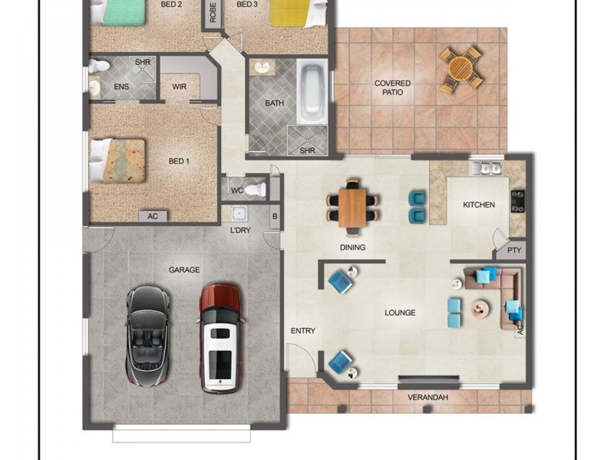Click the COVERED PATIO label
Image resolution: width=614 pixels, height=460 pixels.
[x=392, y=87]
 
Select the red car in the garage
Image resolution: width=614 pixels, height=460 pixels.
[x=220, y=338]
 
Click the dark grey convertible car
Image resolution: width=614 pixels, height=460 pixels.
[x=148, y=336]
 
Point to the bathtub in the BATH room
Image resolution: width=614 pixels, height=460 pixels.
[x=312, y=90]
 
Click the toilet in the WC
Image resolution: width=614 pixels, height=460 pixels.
[x=256, y=189]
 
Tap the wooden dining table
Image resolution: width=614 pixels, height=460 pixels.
[x=352, y=208]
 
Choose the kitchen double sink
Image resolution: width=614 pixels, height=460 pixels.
[x=486, y=168]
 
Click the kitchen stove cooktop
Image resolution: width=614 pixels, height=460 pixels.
[x=517, y=201]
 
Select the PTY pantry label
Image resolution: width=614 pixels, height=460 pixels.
[x=514, y=250]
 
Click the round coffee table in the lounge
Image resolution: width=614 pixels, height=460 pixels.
[x=480, y=309]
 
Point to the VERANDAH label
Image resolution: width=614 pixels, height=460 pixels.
[x=427, y=397]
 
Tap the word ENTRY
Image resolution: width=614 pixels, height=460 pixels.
[x=302, y=331]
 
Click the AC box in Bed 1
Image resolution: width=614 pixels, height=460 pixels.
[x=153, y=216]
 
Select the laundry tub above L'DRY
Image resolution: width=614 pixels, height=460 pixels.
[x=239, y=214]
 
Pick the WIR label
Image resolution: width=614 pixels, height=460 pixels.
[x=180, y=87]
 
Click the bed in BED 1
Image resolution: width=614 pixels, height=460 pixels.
[x=117, y=160]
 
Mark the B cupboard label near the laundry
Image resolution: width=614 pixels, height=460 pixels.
[x=275, y=216]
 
